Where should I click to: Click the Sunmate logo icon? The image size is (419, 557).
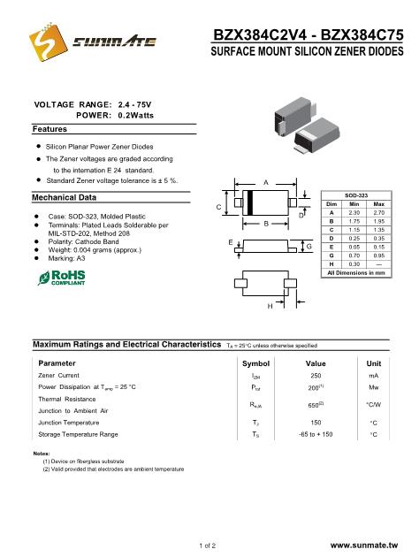coord(48,42)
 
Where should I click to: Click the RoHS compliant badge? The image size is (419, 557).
coord(61,278)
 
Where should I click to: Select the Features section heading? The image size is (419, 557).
coord(50,129)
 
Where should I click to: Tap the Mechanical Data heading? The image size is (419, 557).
coord(65,197)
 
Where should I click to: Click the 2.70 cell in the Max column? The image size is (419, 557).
coord(379,212)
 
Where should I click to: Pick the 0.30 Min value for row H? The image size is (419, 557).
coord(354,264)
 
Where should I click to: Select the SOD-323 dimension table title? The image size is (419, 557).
coord(356,195)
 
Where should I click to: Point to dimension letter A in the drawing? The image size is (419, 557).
coord(266,183)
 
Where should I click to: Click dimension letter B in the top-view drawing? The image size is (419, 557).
coord(266,224)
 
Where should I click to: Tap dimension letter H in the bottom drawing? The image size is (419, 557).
coord(270,306)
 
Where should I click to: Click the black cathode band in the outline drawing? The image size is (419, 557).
coord(249,202)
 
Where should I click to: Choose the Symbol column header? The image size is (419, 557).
coord(255,363)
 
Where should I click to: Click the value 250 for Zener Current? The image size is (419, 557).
coord(316,376)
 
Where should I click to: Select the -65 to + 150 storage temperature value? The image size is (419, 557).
coord(316,434)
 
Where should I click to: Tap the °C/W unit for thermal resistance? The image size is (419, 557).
coord(374,405)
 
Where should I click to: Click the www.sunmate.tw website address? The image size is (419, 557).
coord(364,546)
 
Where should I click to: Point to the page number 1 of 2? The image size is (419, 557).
coord(208,546)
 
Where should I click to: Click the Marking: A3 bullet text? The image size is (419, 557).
coord(67,258)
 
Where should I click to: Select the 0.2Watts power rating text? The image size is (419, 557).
coord(136,116)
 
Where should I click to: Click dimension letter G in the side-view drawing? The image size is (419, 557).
coord(309,246)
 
